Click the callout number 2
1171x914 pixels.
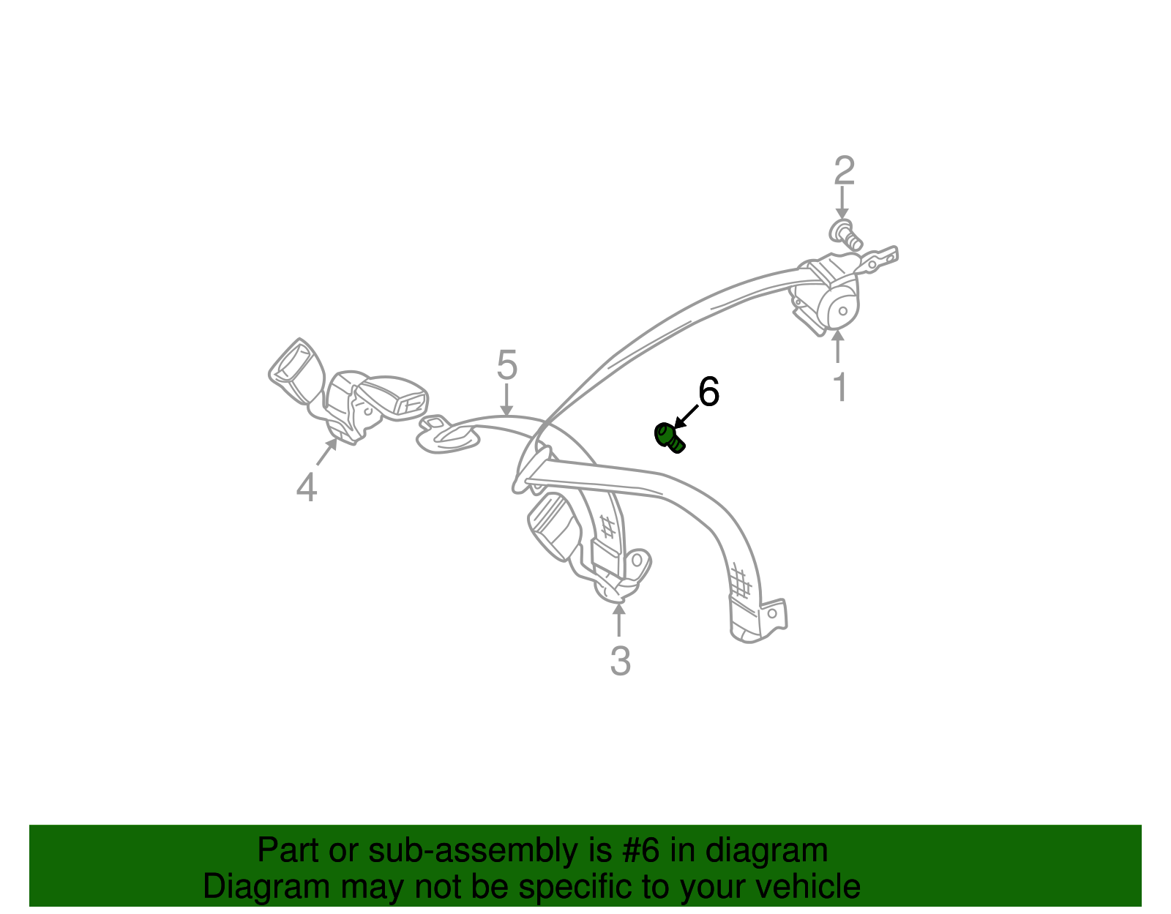tap(844, 171)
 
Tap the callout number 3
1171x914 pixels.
tap(620, 661)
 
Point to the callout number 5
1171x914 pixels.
tap(506, 364)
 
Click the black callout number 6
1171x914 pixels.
tap(708, 392)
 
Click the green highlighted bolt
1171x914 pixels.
tap(669, 438)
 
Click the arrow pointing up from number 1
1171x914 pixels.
tap(837, 346)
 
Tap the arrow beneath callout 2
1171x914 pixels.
tap(842, 203)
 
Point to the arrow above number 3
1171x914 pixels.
tap(619, 620)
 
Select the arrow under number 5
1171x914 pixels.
tap(506, 400)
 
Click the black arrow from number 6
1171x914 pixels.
tap(686, 417)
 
